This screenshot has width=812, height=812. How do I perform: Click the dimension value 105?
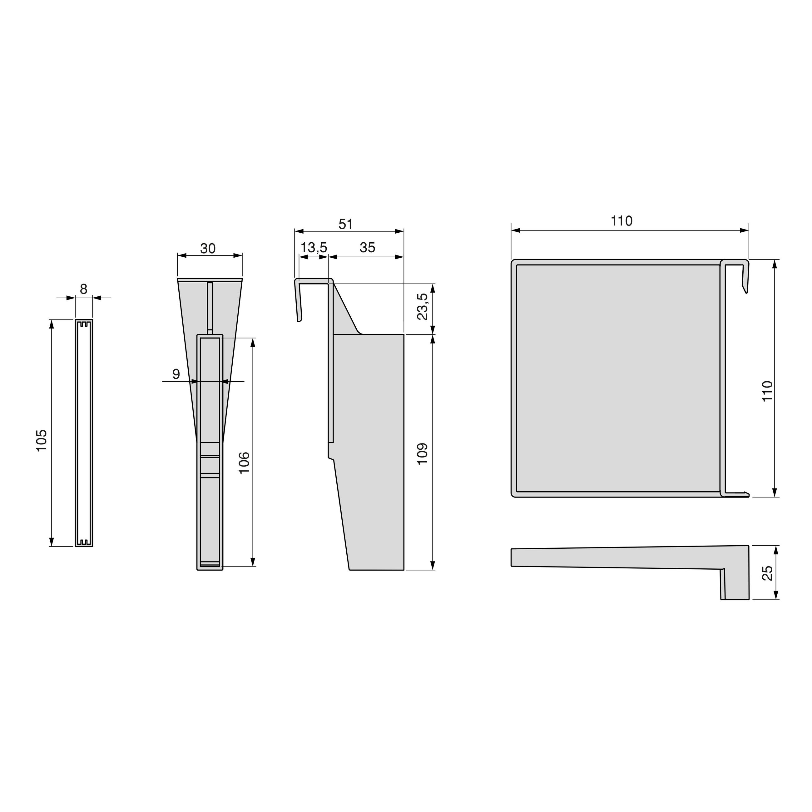pyautogui.click(x=42, y=440)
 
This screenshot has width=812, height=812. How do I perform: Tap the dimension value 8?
pyautogui.click(x=84, y=289)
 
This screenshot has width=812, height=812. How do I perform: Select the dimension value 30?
pyautogui.click(x=208, y=249)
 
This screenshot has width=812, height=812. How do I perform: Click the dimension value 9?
pyautogui.click(x=176, y=374)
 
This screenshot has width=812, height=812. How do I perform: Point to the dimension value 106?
pyautogui.click(x=245, y=463)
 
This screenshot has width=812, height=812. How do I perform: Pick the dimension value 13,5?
pyautogui.click(x=314, y=248)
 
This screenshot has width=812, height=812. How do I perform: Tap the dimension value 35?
pyautogui.click(x=367, y=248)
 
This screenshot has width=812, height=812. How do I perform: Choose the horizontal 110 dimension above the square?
pyautogui.click(x=621, y=221)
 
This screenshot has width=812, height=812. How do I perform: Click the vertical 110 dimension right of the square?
pyautogui.click(x=767, y=391)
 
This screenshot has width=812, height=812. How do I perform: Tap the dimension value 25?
pyautogui.click(x=767, y=573)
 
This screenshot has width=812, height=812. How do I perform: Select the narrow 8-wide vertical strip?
pyautogui.click(x=84, y=433)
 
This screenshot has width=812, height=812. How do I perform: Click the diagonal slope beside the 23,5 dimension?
pyautogui.click(x=347, y=309)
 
